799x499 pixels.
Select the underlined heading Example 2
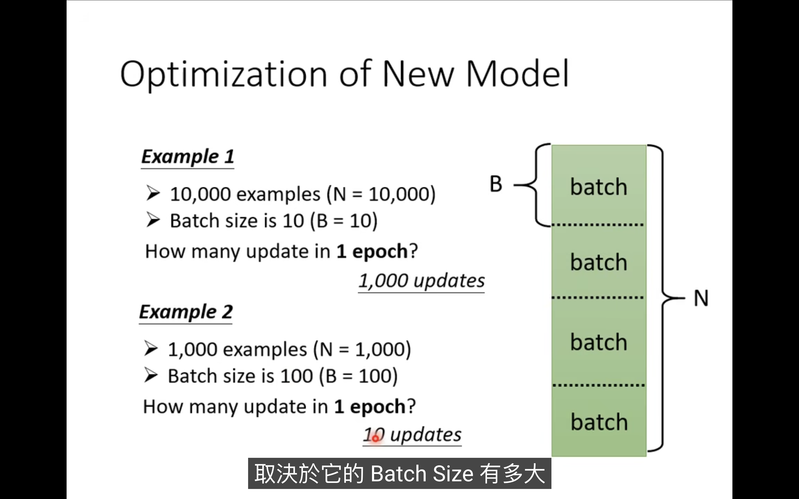point(186,312)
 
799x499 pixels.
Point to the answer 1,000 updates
point(422,281)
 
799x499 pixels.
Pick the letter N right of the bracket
point(701,298)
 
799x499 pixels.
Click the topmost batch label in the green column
point(599,187)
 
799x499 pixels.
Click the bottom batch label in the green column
point(599,422)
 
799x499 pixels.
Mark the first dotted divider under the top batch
point(598,225)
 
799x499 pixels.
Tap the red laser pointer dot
point(376,438)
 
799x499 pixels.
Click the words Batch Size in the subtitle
point(422,474)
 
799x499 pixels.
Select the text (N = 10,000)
point(381,194)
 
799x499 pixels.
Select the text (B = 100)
point(359,376)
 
